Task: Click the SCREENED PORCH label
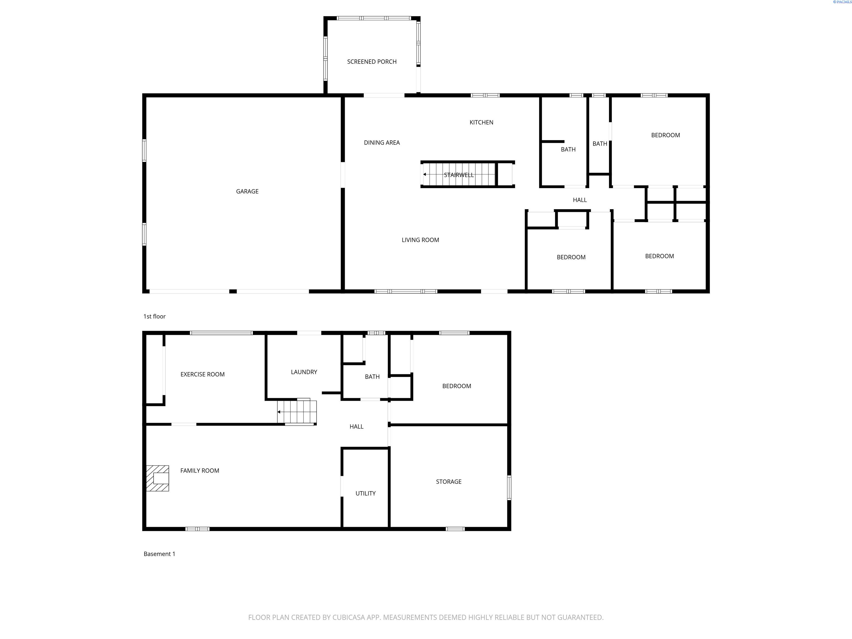(372, 62)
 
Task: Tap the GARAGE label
(247, 191)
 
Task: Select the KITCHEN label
(481, 123)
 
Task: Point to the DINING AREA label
(382, 143)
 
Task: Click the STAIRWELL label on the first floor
(459, 175)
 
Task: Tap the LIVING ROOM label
(420, 240)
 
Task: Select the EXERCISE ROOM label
(203, 374)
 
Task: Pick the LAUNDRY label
(304, 372)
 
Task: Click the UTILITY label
(366, 493)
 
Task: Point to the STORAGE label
(449, 482)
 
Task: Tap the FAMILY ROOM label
(199, 471)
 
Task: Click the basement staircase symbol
(297, 412)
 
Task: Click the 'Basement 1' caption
(159, 554)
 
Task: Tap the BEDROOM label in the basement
(457, 386)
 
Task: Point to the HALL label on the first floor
(580, 200)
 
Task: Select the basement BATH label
(372, 377)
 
